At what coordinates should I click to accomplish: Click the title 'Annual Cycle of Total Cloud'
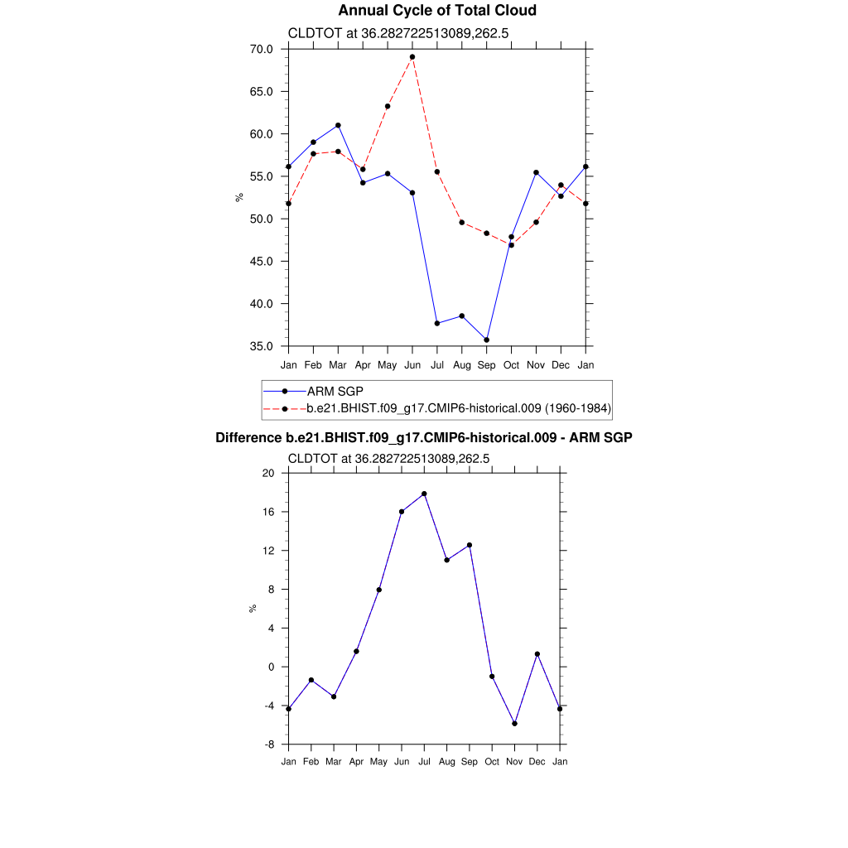coord(437,11)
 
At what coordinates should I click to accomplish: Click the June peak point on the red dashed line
coord(412,57)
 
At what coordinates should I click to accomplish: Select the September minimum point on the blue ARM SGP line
coord(486,340)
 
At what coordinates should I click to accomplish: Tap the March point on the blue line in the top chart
coord(338,125)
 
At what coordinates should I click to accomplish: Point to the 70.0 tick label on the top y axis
coord(263,49)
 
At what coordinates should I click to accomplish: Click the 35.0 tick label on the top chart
coord(263,346)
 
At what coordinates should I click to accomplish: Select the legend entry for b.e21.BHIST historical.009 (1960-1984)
coord(458,408)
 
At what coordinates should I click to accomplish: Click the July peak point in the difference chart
coord(424,494)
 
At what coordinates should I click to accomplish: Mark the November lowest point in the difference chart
coord(514,723)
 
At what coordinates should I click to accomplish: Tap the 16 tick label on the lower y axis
coord(268,512)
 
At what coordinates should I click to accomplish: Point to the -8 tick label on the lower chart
coord(268,744)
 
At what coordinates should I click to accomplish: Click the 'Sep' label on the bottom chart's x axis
coord(470,761)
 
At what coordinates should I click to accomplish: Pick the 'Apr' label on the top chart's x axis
coord(363,364)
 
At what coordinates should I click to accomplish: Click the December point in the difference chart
coord(537,654)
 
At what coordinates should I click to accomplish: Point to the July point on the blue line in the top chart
coord(436,323)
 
